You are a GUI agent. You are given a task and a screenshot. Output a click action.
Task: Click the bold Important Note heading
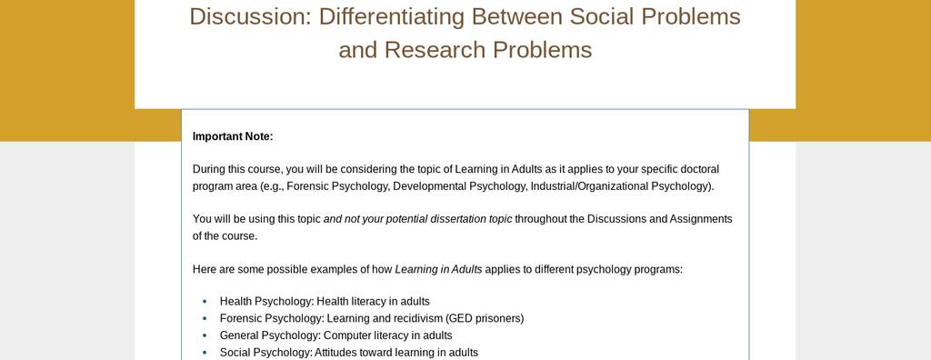(233, 136)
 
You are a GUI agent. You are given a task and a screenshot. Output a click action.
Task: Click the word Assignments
(701, 219)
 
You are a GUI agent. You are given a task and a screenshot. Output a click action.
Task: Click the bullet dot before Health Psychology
(205, 302)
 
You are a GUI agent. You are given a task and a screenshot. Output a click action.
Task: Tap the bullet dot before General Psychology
(205, 335)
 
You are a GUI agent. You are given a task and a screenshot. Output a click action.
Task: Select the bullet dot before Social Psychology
(205, 353)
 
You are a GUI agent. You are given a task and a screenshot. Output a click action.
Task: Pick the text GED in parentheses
(457, 319)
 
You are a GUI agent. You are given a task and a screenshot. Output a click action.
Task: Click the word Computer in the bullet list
(345, 335)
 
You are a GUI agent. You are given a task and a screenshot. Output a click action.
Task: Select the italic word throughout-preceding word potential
(408, 219)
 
